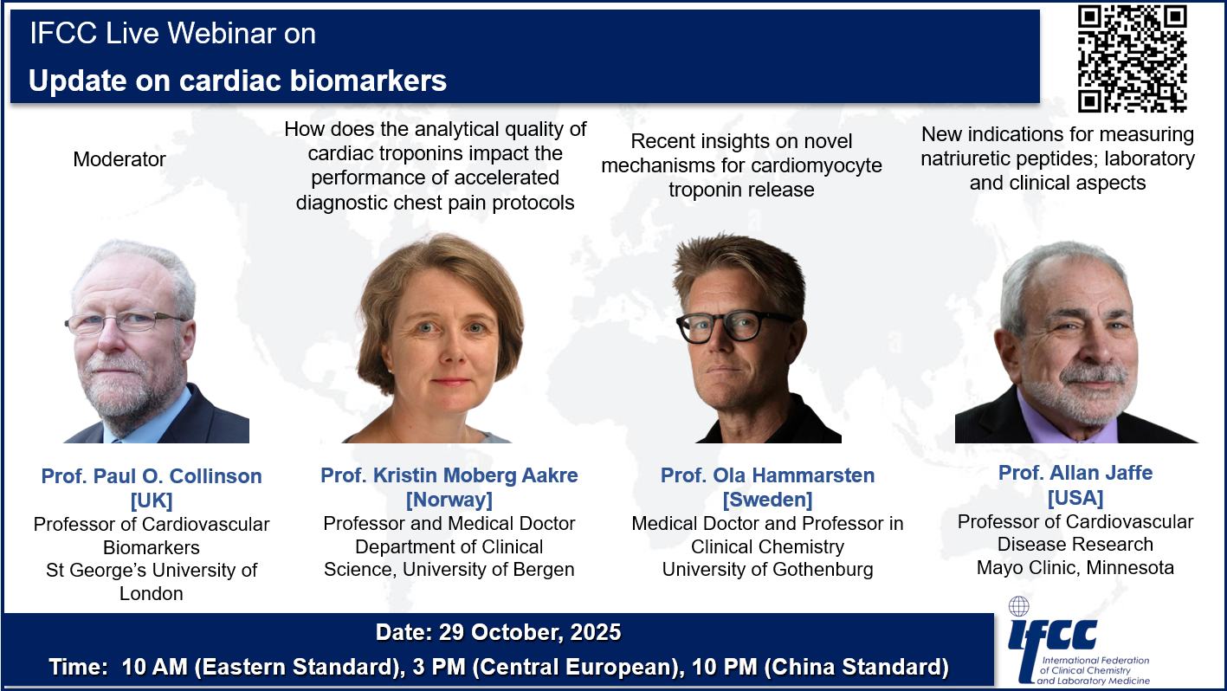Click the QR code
coord(1133,59)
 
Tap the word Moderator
coord(119,159)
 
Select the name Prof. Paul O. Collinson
coord(152,476)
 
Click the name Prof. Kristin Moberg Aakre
coord(449,475)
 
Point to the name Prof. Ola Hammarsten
coord(767,475)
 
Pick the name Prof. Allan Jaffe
coord(1075,473)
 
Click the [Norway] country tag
coord(449,500)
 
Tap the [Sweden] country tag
coord(767,500)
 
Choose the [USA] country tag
coord(1075,498)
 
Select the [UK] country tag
coord(152,500)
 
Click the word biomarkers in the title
coord(368,81)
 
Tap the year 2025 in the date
coord(596,632)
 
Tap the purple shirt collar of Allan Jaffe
coord(1065,421)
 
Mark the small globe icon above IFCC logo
coord(1019,607)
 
